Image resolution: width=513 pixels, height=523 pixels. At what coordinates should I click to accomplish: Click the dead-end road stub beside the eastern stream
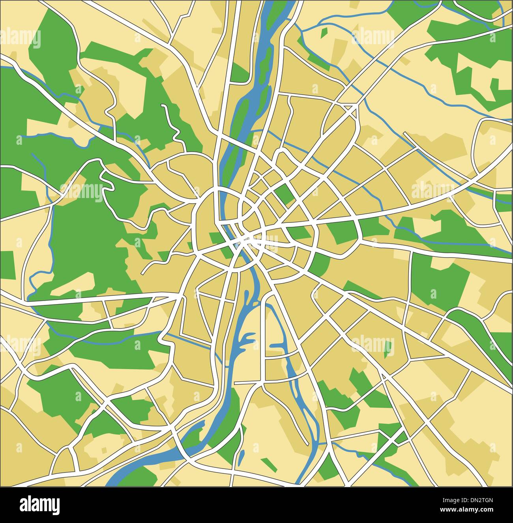(404, 134)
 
